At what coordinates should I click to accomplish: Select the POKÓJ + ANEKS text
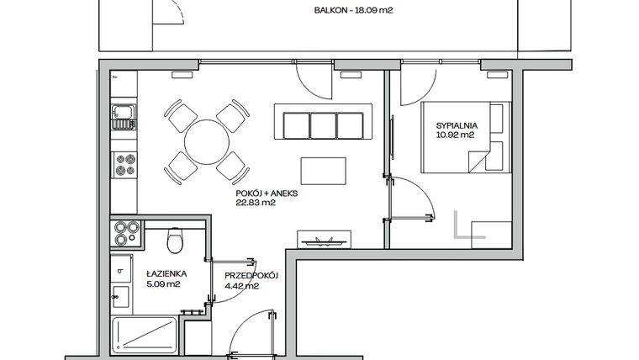267,193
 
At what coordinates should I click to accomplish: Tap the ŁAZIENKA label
165,274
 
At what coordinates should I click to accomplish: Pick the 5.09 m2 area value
165,284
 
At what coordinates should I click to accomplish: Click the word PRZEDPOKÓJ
251,275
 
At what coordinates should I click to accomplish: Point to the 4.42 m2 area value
241,285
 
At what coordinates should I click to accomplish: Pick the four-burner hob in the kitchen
125,164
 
